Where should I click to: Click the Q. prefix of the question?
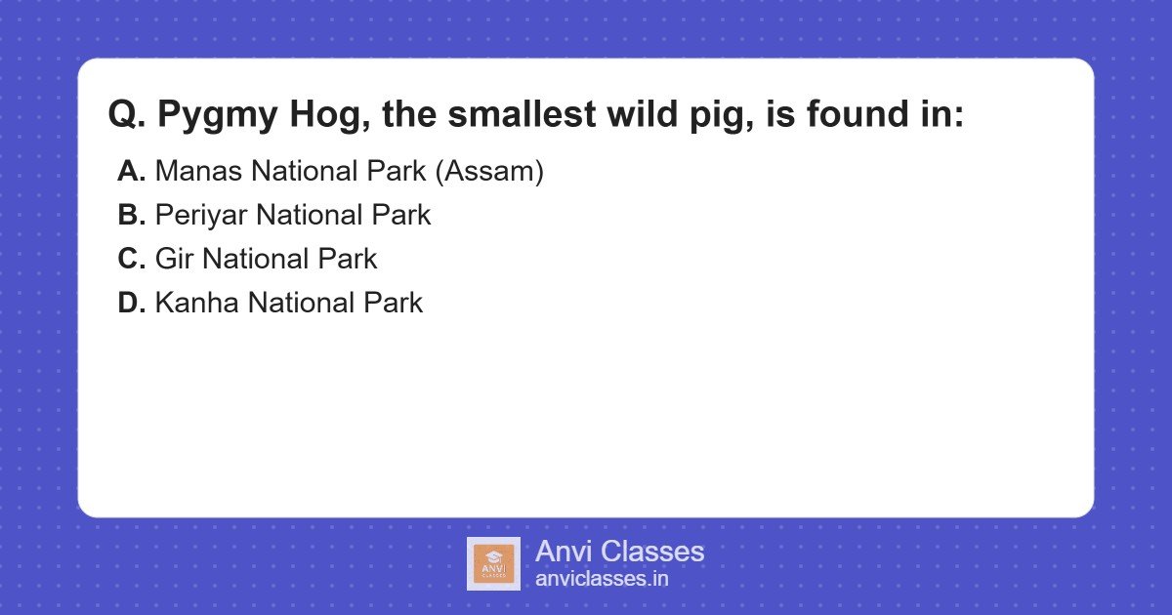tap(127, 115)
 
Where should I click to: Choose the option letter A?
tap(131, 172)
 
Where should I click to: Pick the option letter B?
tap(131, 216)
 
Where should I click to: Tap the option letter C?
tap(131, 260)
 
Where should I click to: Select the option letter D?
tap(131, 304)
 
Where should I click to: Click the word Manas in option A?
tap(199, 172)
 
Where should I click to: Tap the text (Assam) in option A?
tap(488, 172)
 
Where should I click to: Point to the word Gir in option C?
tap(174, 260)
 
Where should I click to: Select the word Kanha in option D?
tap(197, 304)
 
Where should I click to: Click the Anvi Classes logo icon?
tap(493, 563)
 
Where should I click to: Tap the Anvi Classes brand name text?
tap(619, 552)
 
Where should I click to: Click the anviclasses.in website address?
tap(602, 579)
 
